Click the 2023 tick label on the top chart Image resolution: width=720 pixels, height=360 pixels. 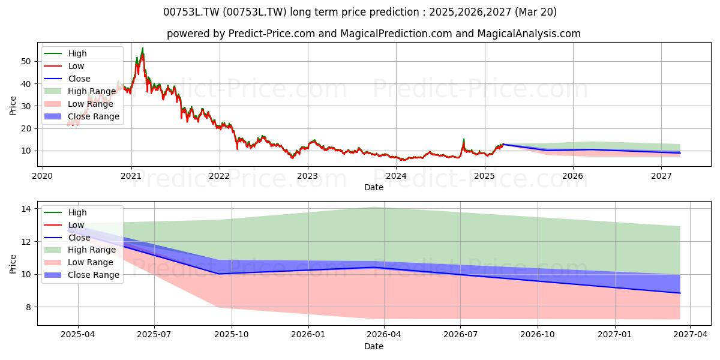pyautogui.click(x=308, y=176)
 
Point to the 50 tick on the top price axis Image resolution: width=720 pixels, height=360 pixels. pyautogui.click(x=26, y=61)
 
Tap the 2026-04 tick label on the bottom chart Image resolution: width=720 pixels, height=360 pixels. pyautogui.click(x=384, y=335)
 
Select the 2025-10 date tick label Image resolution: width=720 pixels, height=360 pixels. pyautogui.click(x=232, y=335)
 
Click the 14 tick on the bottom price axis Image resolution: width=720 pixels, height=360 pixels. pyautogui.click(x=26, y=209)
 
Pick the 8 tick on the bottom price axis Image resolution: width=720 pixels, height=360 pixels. pyautogui.click(x=29, y=307)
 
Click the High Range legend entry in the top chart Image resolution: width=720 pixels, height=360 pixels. pyautogui.click(x=80, y=91)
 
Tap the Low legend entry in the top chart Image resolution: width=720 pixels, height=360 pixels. pyautogui.click(x=64, y=66)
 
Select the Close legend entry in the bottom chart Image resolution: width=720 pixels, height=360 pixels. pyautogui.click(x=67, y=238)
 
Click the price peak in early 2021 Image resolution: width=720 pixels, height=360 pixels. pyautogui.click(x=143, y=48)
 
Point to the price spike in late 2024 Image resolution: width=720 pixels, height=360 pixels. pyautogui.click(x=463, y=139)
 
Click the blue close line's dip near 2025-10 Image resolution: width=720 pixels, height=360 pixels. pyautogui.click(x=219, y=274)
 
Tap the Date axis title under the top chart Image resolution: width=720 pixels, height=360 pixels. pyautogui.click(x=373, y=187)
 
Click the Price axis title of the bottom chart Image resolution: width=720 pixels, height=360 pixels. pyautogui.click(x=13, y=264)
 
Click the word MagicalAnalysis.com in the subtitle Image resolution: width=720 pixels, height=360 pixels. pyautogui.click(x=529, y=34)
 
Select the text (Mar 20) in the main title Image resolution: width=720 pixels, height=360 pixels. pyautogui.click(x=535, y=12)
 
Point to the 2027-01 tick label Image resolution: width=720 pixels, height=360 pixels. pyautogui.click(x=615, y=335)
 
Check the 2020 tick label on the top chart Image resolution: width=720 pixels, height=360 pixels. pyautogui.click(x=43, y=176)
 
